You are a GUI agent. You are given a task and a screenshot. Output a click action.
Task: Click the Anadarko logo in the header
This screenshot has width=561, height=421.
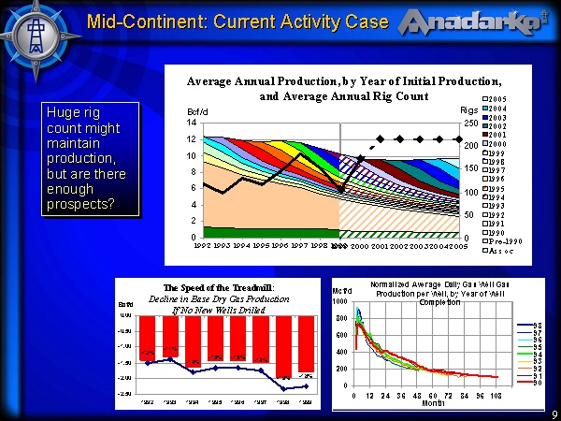(472, 22)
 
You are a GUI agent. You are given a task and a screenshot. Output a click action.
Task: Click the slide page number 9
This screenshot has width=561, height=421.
(554, 414)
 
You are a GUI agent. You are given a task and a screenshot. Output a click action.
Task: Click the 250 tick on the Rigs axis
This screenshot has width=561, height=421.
(470, 123)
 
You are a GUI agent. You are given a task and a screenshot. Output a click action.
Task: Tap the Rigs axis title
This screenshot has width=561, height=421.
(468, 111)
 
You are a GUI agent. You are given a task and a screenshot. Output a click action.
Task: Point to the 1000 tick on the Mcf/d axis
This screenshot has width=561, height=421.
(341, 302)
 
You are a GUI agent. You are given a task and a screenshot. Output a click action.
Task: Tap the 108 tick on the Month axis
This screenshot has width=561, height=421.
(497, 395)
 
